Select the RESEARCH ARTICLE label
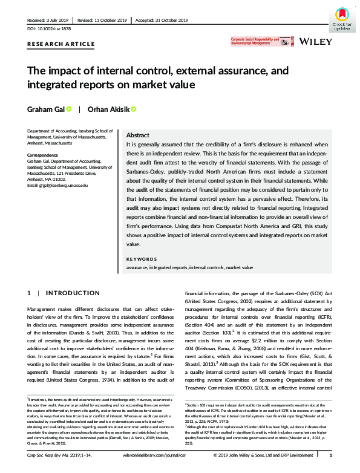[x=61, y=44]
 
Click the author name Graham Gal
[x=45, y=109]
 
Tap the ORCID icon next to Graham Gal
[x=69, y=109]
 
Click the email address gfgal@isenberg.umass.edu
[x=58, y=184]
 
